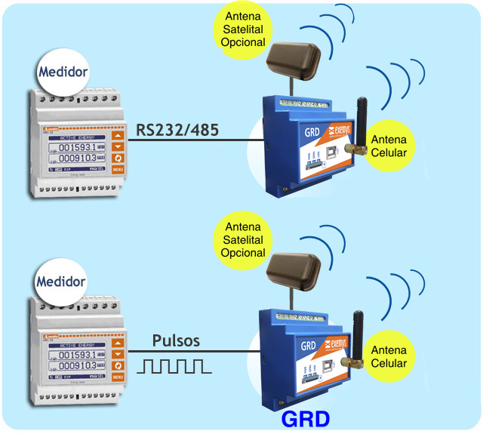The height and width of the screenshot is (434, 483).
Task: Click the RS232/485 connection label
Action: point(177,130)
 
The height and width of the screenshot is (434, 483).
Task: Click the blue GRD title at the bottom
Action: point(305,420)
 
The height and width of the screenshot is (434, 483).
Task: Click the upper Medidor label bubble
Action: point(63,74)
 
